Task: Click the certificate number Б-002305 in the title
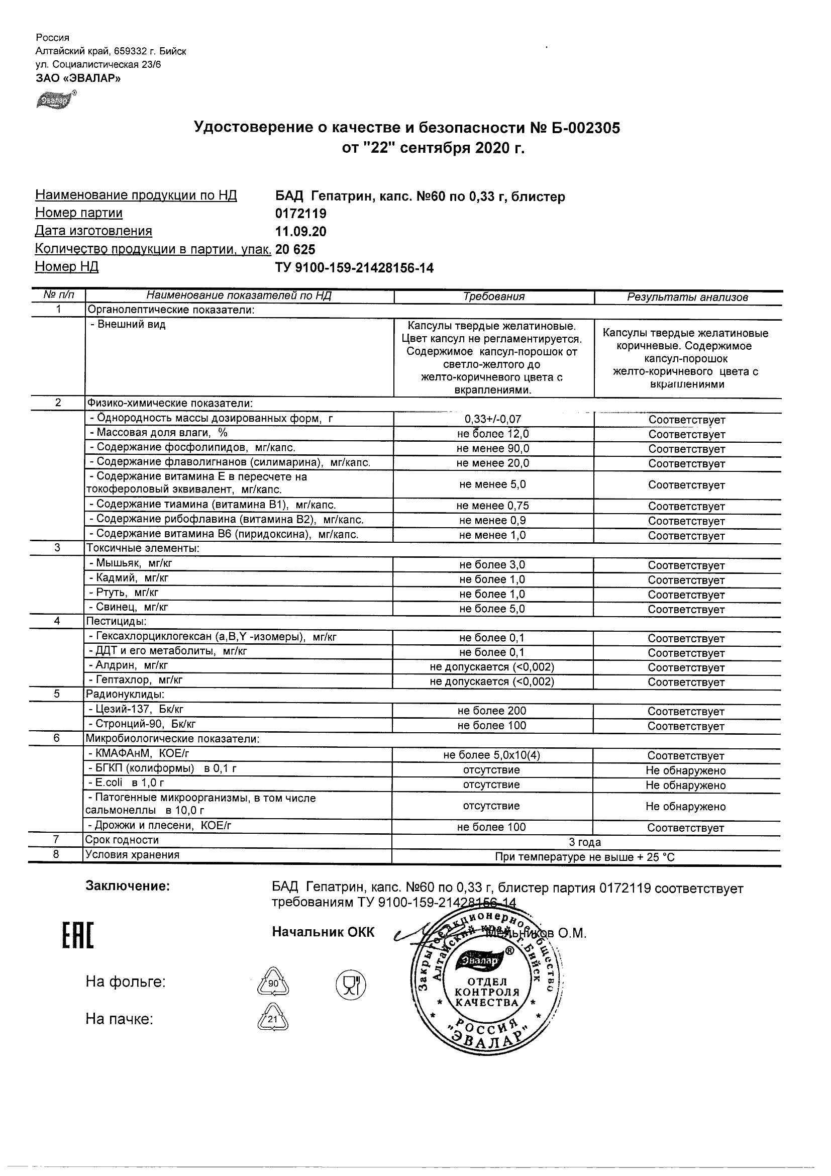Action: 582,128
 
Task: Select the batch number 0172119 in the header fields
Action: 300,214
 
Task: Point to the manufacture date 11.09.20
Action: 300,232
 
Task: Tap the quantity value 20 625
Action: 295,249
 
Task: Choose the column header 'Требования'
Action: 493,297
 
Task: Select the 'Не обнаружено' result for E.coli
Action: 686,785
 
